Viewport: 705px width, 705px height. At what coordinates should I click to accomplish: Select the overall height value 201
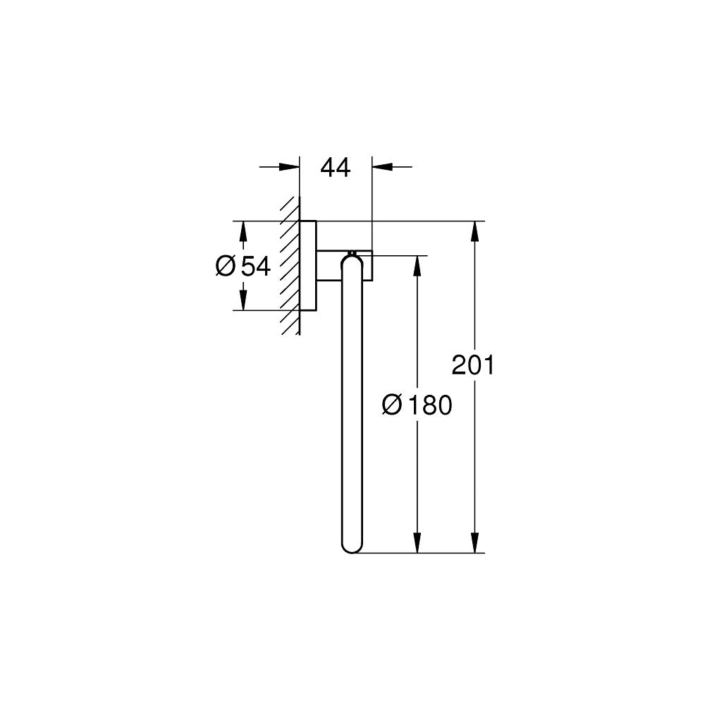(474, 365)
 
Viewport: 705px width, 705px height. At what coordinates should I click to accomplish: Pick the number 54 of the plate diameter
(256, 266)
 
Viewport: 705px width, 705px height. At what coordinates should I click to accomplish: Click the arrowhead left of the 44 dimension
(290, 167)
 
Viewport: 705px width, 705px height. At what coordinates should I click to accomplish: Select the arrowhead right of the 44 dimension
(381, 167)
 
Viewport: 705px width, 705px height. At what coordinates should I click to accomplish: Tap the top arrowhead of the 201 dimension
(477, 231)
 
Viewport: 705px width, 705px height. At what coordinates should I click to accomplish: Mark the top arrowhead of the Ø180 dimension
(418, 265)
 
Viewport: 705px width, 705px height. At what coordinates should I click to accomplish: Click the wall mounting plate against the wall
(308, 266)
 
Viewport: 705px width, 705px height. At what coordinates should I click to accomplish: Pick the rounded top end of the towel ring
(352, 264)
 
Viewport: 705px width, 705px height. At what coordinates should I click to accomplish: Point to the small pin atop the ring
(351, 252)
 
